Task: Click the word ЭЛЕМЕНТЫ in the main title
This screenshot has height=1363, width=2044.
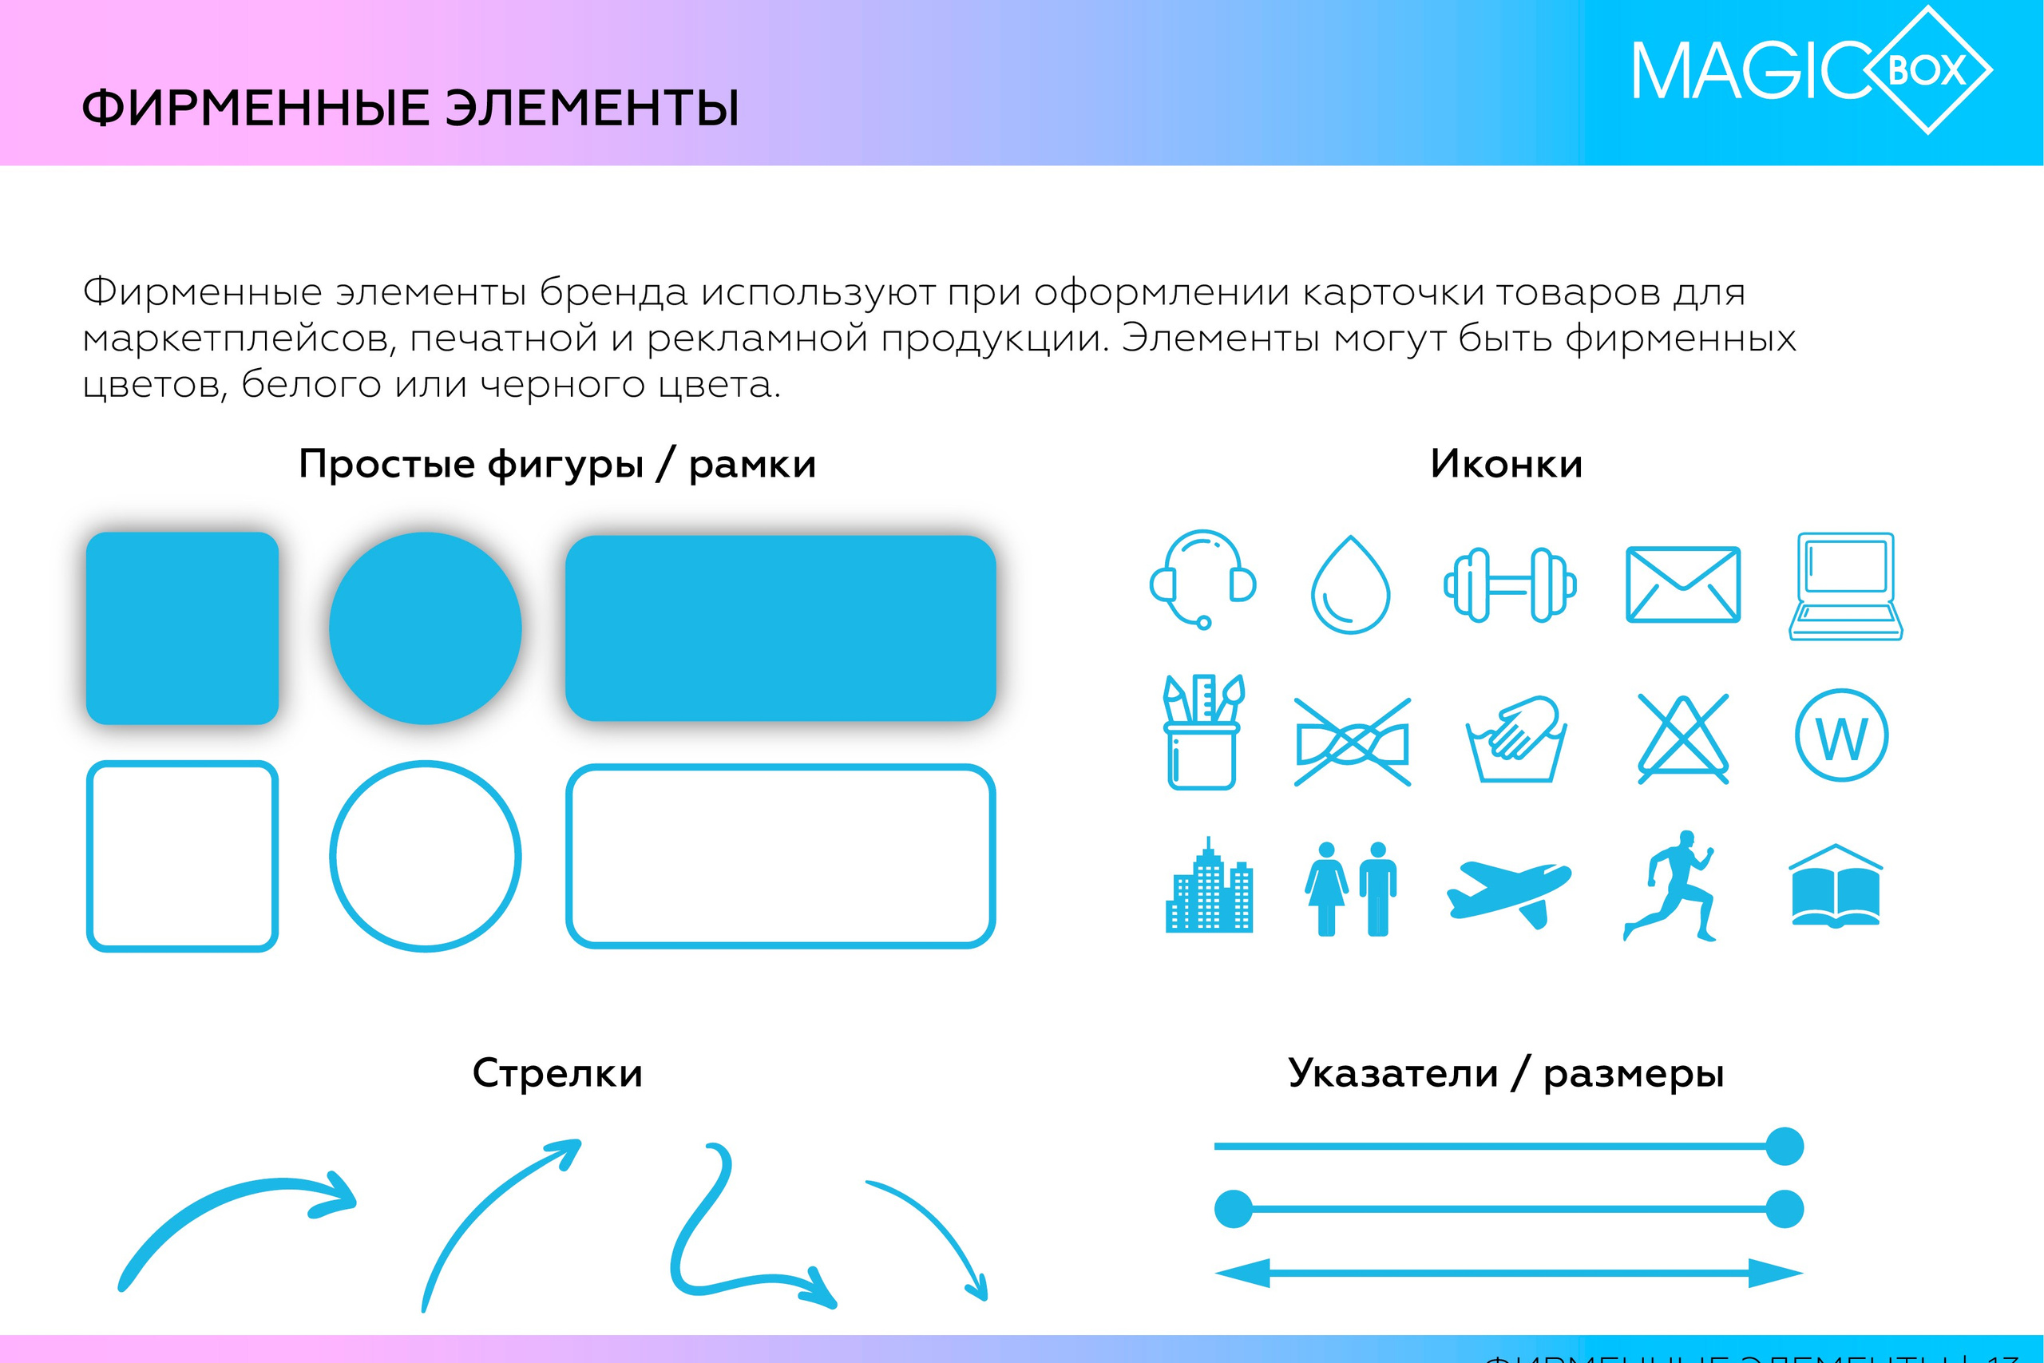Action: point(592,109)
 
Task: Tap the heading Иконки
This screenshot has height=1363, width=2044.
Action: point(1506,464)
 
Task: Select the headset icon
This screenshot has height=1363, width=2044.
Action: point(1202,579)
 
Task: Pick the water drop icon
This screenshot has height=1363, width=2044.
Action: point(1349,585)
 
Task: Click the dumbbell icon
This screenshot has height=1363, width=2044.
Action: point(1510,585)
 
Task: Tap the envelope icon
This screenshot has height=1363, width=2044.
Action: point(1682,584)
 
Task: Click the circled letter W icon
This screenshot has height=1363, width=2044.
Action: point(1841,736)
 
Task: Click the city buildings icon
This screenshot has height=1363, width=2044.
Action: point(1209,889)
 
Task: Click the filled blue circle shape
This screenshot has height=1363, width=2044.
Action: point(425,628)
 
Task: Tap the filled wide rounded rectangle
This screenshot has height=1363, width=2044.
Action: point(779,628)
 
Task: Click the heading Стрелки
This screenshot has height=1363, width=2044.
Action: point(557,1073)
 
